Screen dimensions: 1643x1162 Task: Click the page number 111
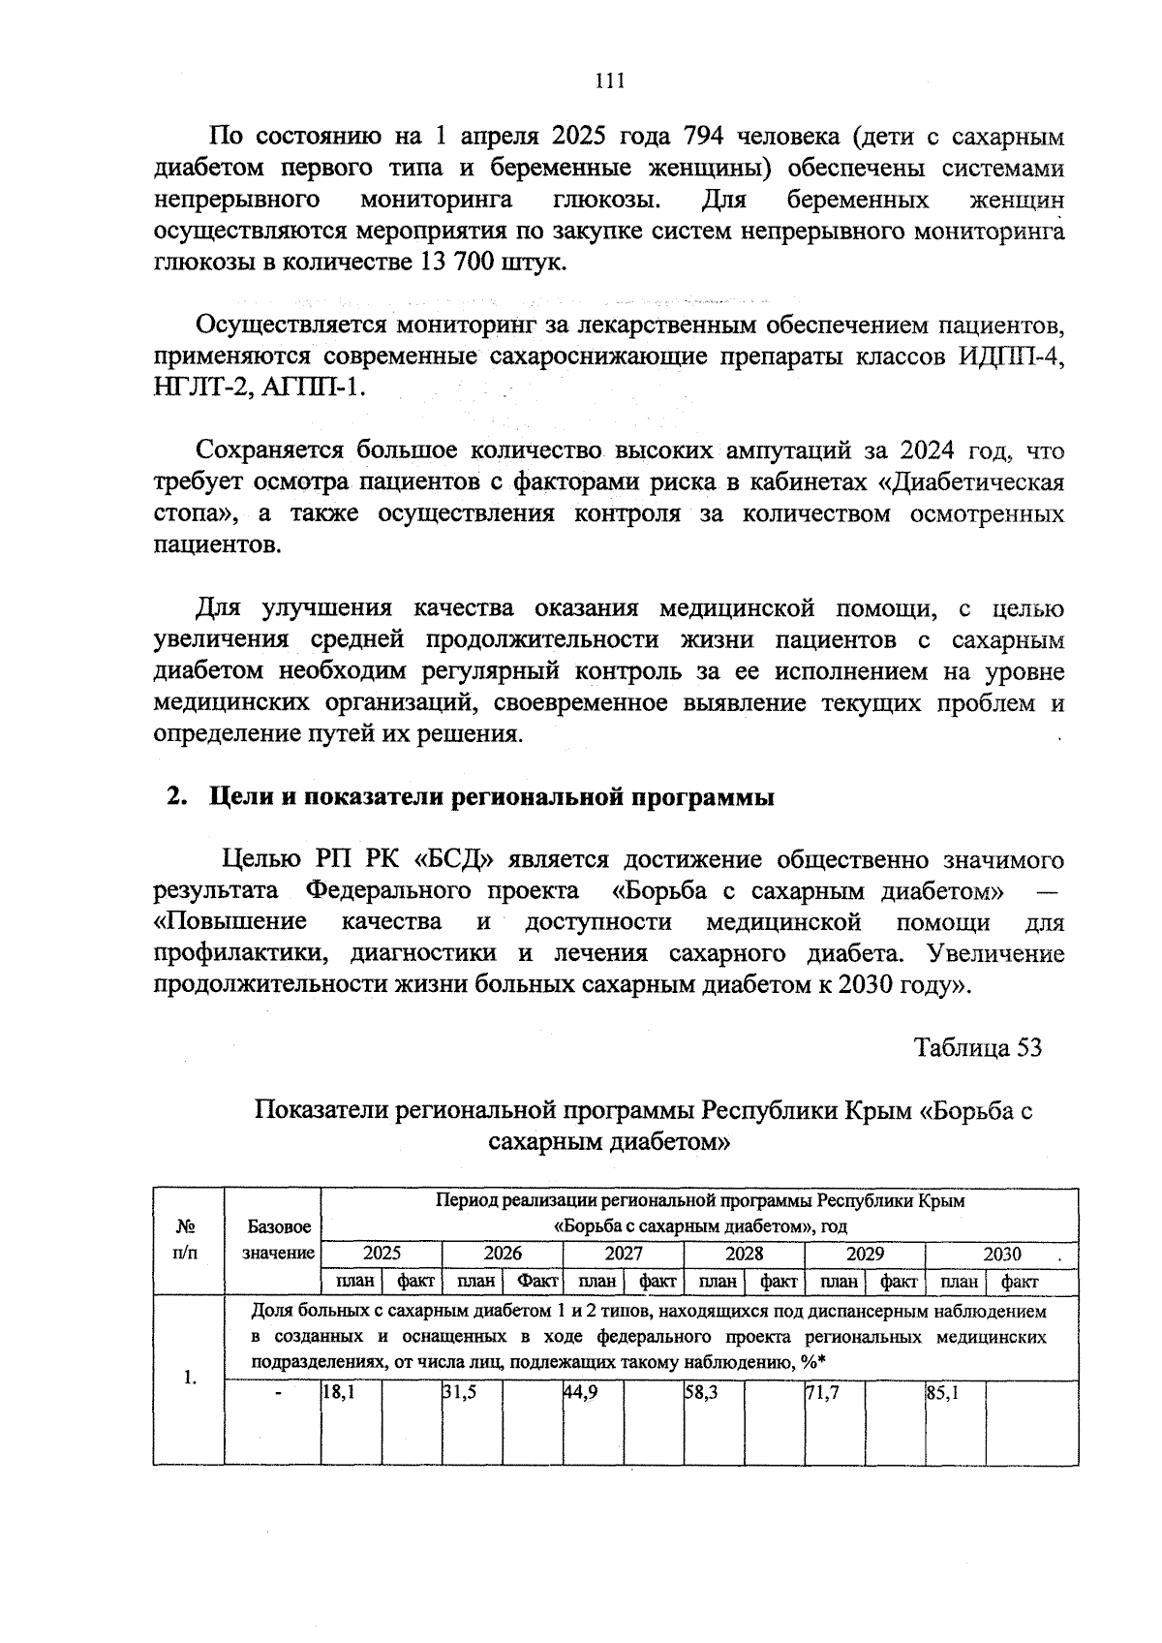[x=608, y=80]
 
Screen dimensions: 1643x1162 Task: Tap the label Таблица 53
[x=978, y=1047]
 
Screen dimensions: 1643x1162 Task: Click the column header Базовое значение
[x=279, y=1240]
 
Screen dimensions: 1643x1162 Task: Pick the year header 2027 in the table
[x=623, y=1253]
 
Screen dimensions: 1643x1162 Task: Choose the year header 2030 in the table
[x=1001, y=1254]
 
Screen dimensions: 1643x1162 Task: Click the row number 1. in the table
[x=191, y=1377]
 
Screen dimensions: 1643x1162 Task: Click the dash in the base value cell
[x=279, y=1393]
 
